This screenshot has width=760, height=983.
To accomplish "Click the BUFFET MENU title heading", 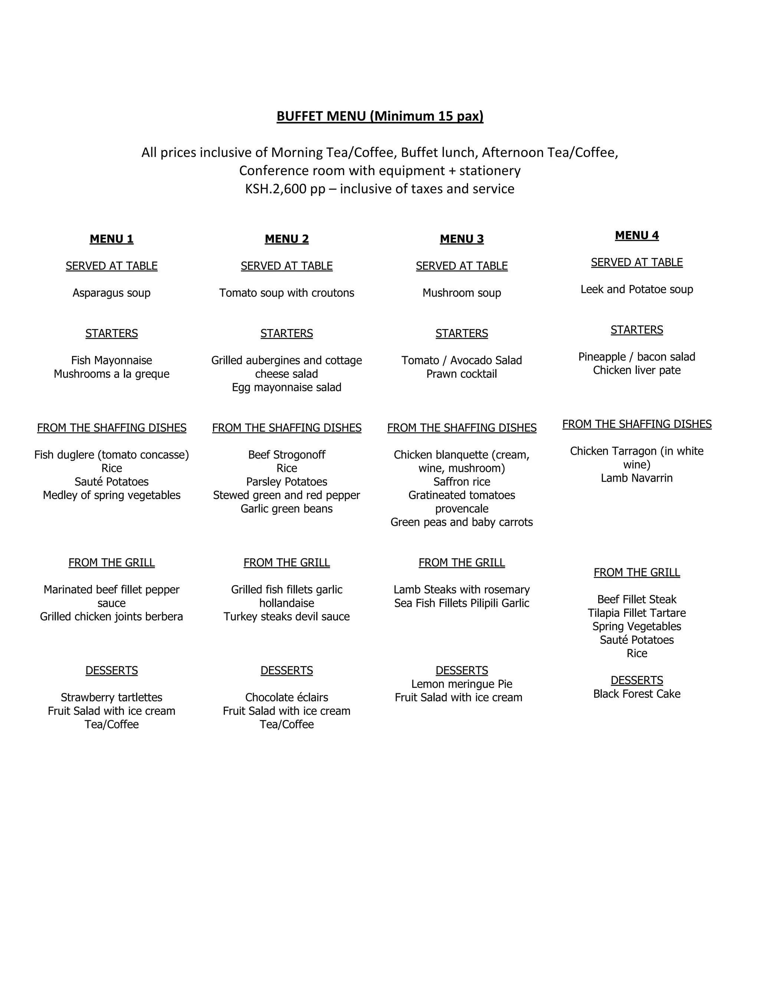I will point(380,116).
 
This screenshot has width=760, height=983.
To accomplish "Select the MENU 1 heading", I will point(112,239).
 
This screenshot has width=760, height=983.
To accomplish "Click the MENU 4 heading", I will point(637,236).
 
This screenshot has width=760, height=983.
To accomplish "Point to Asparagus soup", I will point(112,293).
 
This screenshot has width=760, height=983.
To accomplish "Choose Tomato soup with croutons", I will point(286,293).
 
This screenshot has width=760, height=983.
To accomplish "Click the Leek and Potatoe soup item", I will point(637,289).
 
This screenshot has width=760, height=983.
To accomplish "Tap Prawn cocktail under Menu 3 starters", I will point(462,374).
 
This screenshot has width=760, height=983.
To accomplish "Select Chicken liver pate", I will point(637,371).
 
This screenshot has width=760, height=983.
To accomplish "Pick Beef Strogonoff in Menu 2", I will point(286,455).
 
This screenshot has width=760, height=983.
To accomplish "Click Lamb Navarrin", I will point(637,478).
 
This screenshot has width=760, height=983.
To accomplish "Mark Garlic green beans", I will point(286,509).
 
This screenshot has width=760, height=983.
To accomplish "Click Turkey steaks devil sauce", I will point(286,617).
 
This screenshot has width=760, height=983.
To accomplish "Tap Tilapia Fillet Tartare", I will point(637,613).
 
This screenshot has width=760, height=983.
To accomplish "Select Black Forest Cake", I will point(637,694).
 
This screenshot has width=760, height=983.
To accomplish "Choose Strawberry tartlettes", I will point(112,698).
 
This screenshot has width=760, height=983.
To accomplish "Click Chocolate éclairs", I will point(286,698).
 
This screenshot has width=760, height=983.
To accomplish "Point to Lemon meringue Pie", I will point(462,684).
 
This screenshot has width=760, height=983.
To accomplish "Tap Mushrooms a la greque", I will point(112,374).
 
